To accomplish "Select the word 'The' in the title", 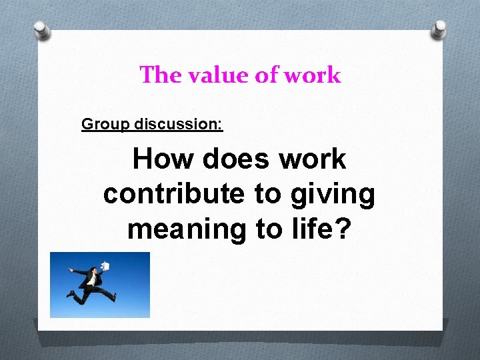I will [x=157, y=75].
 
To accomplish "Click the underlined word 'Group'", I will [x=105, y=124].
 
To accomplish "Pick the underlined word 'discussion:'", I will [x=178, y=124].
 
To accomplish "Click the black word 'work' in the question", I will [x=313, y=160].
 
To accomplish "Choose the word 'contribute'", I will [x=175, y=194].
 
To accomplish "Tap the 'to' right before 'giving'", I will [x=267, y=195].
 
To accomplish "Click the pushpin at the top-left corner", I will [x=42, y=29].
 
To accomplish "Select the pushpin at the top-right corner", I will [x=439, y=28].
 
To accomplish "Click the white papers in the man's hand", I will [x=105, y=265].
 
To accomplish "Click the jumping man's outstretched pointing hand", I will [x=70, y=270].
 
